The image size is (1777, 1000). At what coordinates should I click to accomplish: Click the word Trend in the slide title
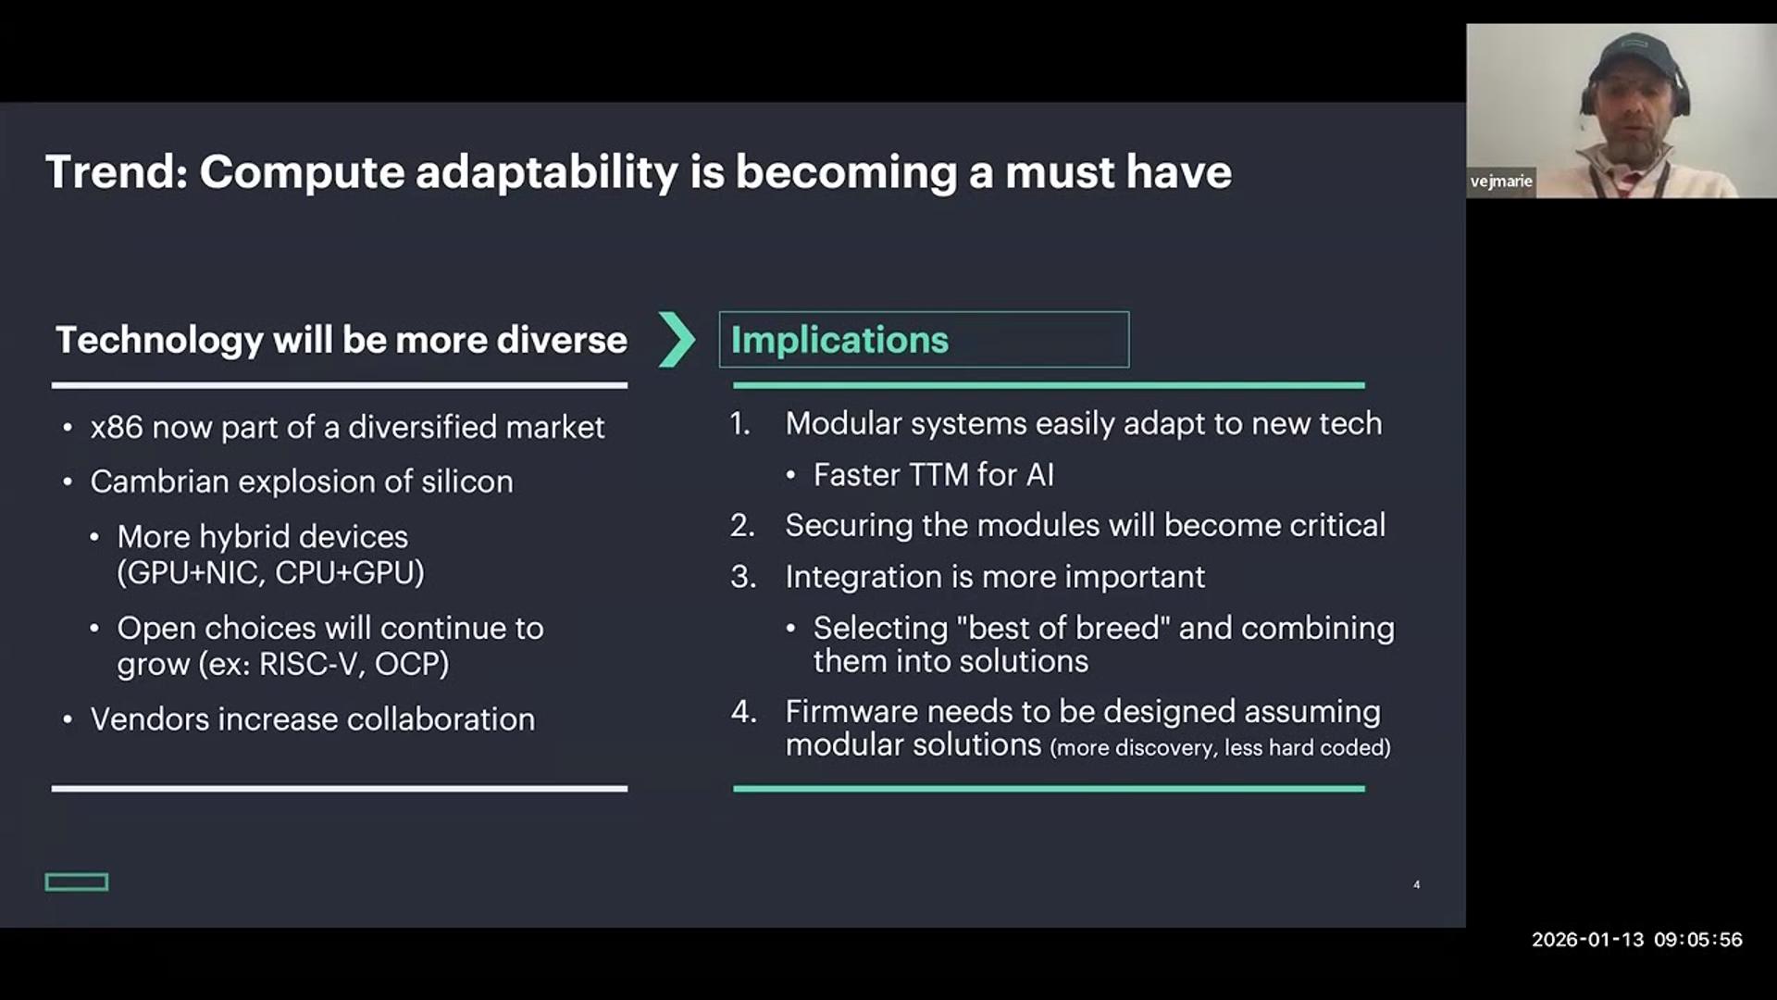click(x=117, y=172)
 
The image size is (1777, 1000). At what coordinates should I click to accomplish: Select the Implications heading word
click(x=839, y=340)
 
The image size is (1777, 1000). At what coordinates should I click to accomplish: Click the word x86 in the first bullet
click(x=117, y=427)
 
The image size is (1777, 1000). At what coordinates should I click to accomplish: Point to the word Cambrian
click(x=159, y=481)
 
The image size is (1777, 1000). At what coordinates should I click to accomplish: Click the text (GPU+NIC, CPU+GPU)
click(x=270, y=573)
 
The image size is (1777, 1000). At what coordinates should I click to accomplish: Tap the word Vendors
click(x=149, y=719)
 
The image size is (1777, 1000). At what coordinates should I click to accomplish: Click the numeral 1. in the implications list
click(x=740, y=424)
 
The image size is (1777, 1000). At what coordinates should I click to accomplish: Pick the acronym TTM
click(x=938, y=475)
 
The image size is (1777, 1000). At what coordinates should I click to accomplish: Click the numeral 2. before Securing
click(x=742, y=526)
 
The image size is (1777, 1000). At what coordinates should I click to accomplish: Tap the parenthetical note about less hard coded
click(x=1220, y=747)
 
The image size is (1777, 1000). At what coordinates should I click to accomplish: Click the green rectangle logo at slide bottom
click(x=77, y=882)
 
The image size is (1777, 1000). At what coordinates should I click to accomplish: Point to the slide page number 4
click(x=1417, y=885)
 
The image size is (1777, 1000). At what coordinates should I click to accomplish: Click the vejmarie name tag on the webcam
click(x=1501, y=181)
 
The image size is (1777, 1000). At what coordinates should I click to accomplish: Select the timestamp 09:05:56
click(x=1698, y=940)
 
